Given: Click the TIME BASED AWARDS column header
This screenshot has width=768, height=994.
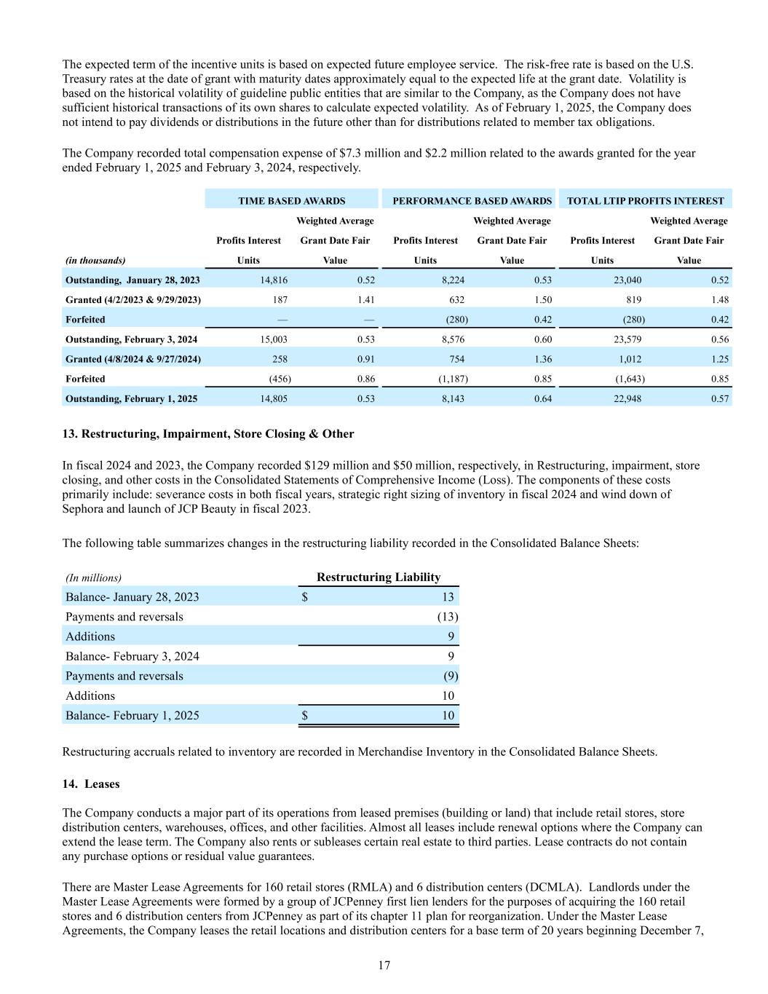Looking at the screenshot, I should pos(291,201).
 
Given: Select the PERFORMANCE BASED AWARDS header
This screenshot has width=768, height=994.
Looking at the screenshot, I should pos(472,201).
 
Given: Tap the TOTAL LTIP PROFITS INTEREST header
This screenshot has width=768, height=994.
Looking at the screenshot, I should pos(645,201).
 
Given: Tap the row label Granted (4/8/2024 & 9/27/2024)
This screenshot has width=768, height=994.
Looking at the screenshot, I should pos(133,359).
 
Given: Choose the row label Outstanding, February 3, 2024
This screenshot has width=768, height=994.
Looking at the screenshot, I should pos(131,339).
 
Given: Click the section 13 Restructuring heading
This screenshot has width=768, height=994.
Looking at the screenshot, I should pos(208,434).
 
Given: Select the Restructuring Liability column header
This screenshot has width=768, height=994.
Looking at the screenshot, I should pos(378,577).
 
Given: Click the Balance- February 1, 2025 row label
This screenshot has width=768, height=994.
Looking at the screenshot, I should pos(132,715).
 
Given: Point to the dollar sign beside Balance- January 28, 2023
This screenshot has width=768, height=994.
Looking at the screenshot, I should pos(304,597).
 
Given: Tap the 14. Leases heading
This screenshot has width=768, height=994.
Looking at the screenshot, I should pos(91,784).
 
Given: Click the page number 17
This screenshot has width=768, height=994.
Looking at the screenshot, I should pos(384,966).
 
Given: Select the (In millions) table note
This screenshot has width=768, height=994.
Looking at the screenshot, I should pos(93,578).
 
